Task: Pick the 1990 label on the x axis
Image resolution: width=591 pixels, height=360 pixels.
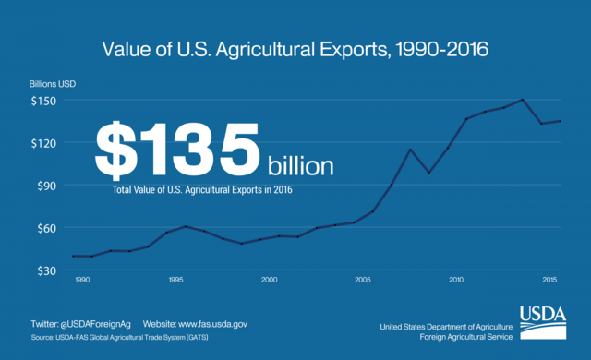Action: click(x=82, y=280)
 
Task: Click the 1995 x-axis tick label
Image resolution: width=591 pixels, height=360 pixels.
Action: click(x=175, y=280)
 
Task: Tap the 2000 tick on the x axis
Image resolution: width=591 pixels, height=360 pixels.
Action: click(x=269, y=280)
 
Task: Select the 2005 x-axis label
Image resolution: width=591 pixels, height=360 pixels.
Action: click(x=363, y=280)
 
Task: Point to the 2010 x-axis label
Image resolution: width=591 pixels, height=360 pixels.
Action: click(x=456, y=280)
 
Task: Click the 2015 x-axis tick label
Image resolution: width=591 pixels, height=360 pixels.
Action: click(x=549, y=280)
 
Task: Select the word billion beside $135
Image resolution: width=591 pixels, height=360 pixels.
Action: click(x=301, y=166)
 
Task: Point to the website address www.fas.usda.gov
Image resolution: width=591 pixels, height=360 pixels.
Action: click(x=208, y=324)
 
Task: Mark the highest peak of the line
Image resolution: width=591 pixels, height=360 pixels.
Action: click(x=523, y=100)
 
